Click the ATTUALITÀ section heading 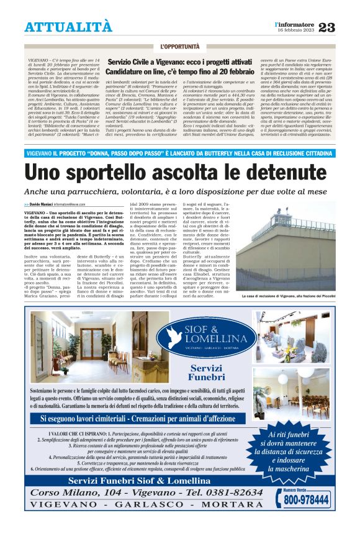69,27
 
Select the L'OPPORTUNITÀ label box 179,47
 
